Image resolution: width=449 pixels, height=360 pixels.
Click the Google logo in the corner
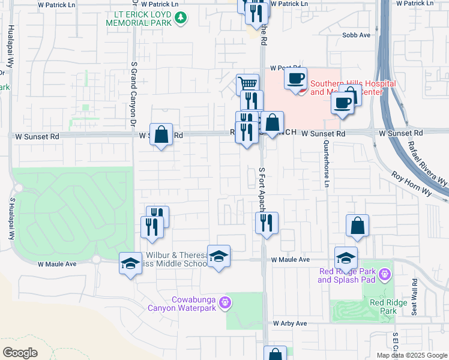point(20,353)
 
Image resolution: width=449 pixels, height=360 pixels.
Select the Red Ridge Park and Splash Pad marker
point(385,275)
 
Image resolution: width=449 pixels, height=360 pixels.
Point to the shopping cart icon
point(247,83)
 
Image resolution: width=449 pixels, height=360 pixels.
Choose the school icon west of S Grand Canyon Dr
point(130,263)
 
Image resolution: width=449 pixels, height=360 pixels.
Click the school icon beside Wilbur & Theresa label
point(218,256)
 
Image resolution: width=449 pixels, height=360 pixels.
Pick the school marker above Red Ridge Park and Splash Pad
point(346,258)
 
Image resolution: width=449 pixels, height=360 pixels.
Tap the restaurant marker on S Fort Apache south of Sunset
point(267,223)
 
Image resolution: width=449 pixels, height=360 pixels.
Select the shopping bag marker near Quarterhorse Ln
point(358,226)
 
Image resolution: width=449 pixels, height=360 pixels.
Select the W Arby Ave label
point(290,323)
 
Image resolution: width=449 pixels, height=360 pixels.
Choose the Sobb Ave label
point(357,35)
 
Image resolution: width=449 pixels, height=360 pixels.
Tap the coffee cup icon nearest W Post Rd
point(295,78)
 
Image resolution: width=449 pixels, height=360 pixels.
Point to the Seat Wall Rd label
point(414,292)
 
